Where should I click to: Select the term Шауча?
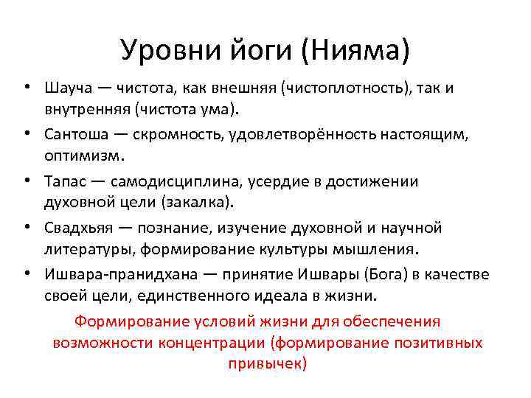[67, 88]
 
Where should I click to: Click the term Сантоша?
[74, 136]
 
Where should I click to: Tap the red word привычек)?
[267, 363]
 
